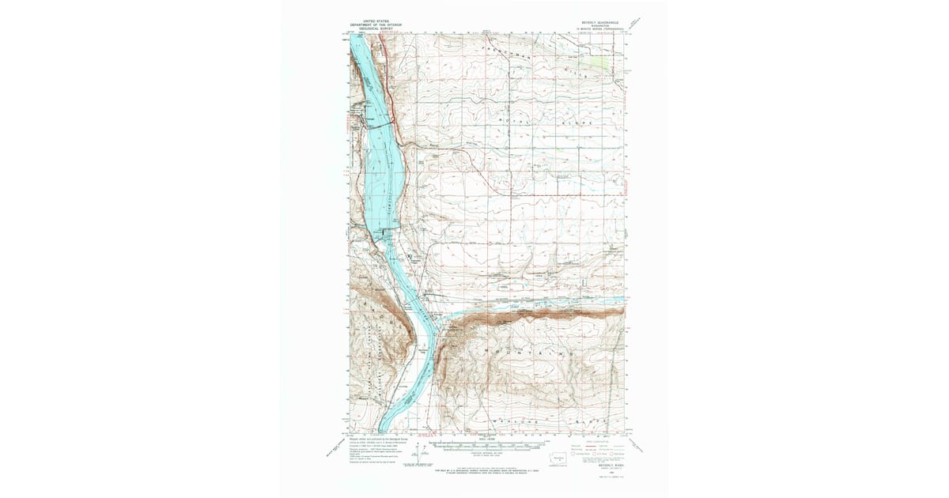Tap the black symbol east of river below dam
point(409,257)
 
